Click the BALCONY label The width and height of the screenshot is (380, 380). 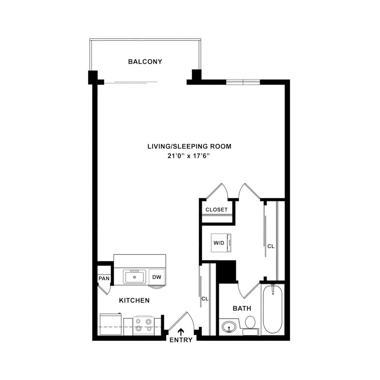(x=145, y=62)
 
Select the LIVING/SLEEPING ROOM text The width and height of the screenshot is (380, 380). (x=190, y=146)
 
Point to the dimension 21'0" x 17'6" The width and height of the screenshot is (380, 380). (x=190, y=156)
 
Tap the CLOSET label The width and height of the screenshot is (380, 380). (x=217, y=210)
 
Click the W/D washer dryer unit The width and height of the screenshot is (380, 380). (x=222, y=243)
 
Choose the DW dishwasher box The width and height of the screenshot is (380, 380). (x=156, y=277)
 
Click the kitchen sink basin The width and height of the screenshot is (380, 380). (x=134, y=277)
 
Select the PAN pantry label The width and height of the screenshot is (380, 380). (x=104, y=279)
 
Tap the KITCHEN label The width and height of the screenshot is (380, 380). (x=134, y=300)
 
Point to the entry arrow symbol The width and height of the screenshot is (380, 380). (x=181, y=332)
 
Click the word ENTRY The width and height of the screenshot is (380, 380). (x=181, y=340)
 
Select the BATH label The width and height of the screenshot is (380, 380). (x=242, y=308)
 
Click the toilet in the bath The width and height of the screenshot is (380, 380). (x=250, y=324)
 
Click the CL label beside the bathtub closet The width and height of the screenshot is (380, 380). (x=271, y=246)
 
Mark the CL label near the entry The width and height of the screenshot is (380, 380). (x=205, y=299)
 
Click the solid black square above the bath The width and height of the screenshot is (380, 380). (x=227, y=272)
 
